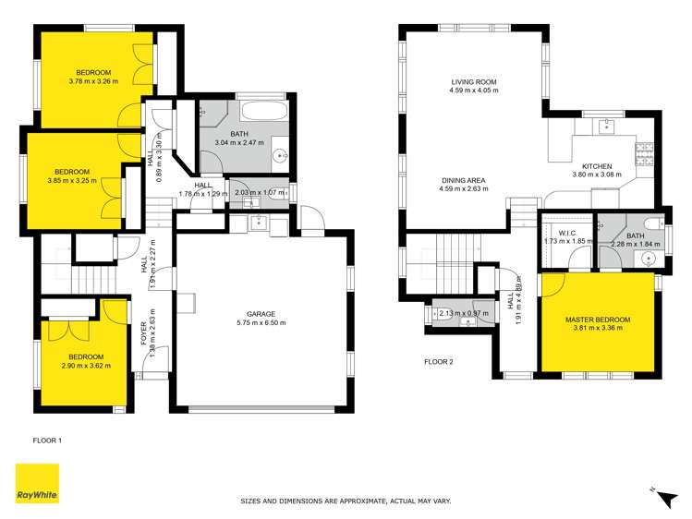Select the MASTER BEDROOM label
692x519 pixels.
pos(598,320)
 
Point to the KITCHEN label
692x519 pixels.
pos(597,165)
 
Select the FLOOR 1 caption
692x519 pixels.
pos(47,441)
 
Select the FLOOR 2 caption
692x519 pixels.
pos(439,361)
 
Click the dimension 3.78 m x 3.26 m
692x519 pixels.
pos(94,81)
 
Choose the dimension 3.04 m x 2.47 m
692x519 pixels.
pos(239,143)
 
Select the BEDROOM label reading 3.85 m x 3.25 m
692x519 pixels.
pos(72,172)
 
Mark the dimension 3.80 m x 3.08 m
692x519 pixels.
pos(597,175)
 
